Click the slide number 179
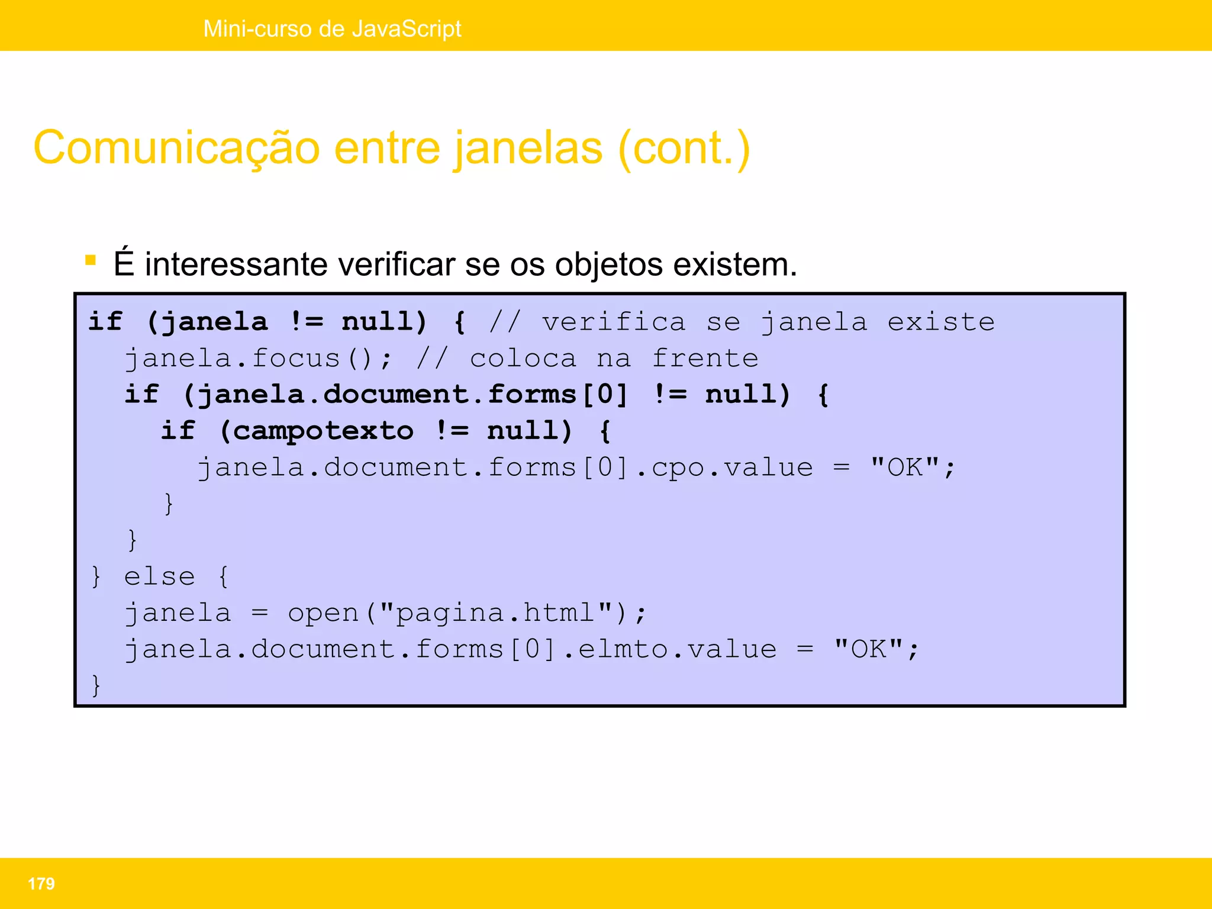tap(41, 884)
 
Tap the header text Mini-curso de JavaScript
tap(332, 28)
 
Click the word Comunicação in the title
tap(176, 148)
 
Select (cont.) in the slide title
tap(684, 148)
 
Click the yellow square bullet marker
tap(91, 260)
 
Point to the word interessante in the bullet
tap(236, 264)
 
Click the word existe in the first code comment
tap(941, 322)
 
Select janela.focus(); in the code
tap(258, 359)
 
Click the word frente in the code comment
tap(705, 359)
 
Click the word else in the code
tap(159, 576)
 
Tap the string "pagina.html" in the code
tap(495, 613)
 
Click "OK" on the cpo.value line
tap(905, 467)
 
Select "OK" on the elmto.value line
tap(868, 649)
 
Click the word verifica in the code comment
tap(614, 322)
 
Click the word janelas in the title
tap(528, 148)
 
